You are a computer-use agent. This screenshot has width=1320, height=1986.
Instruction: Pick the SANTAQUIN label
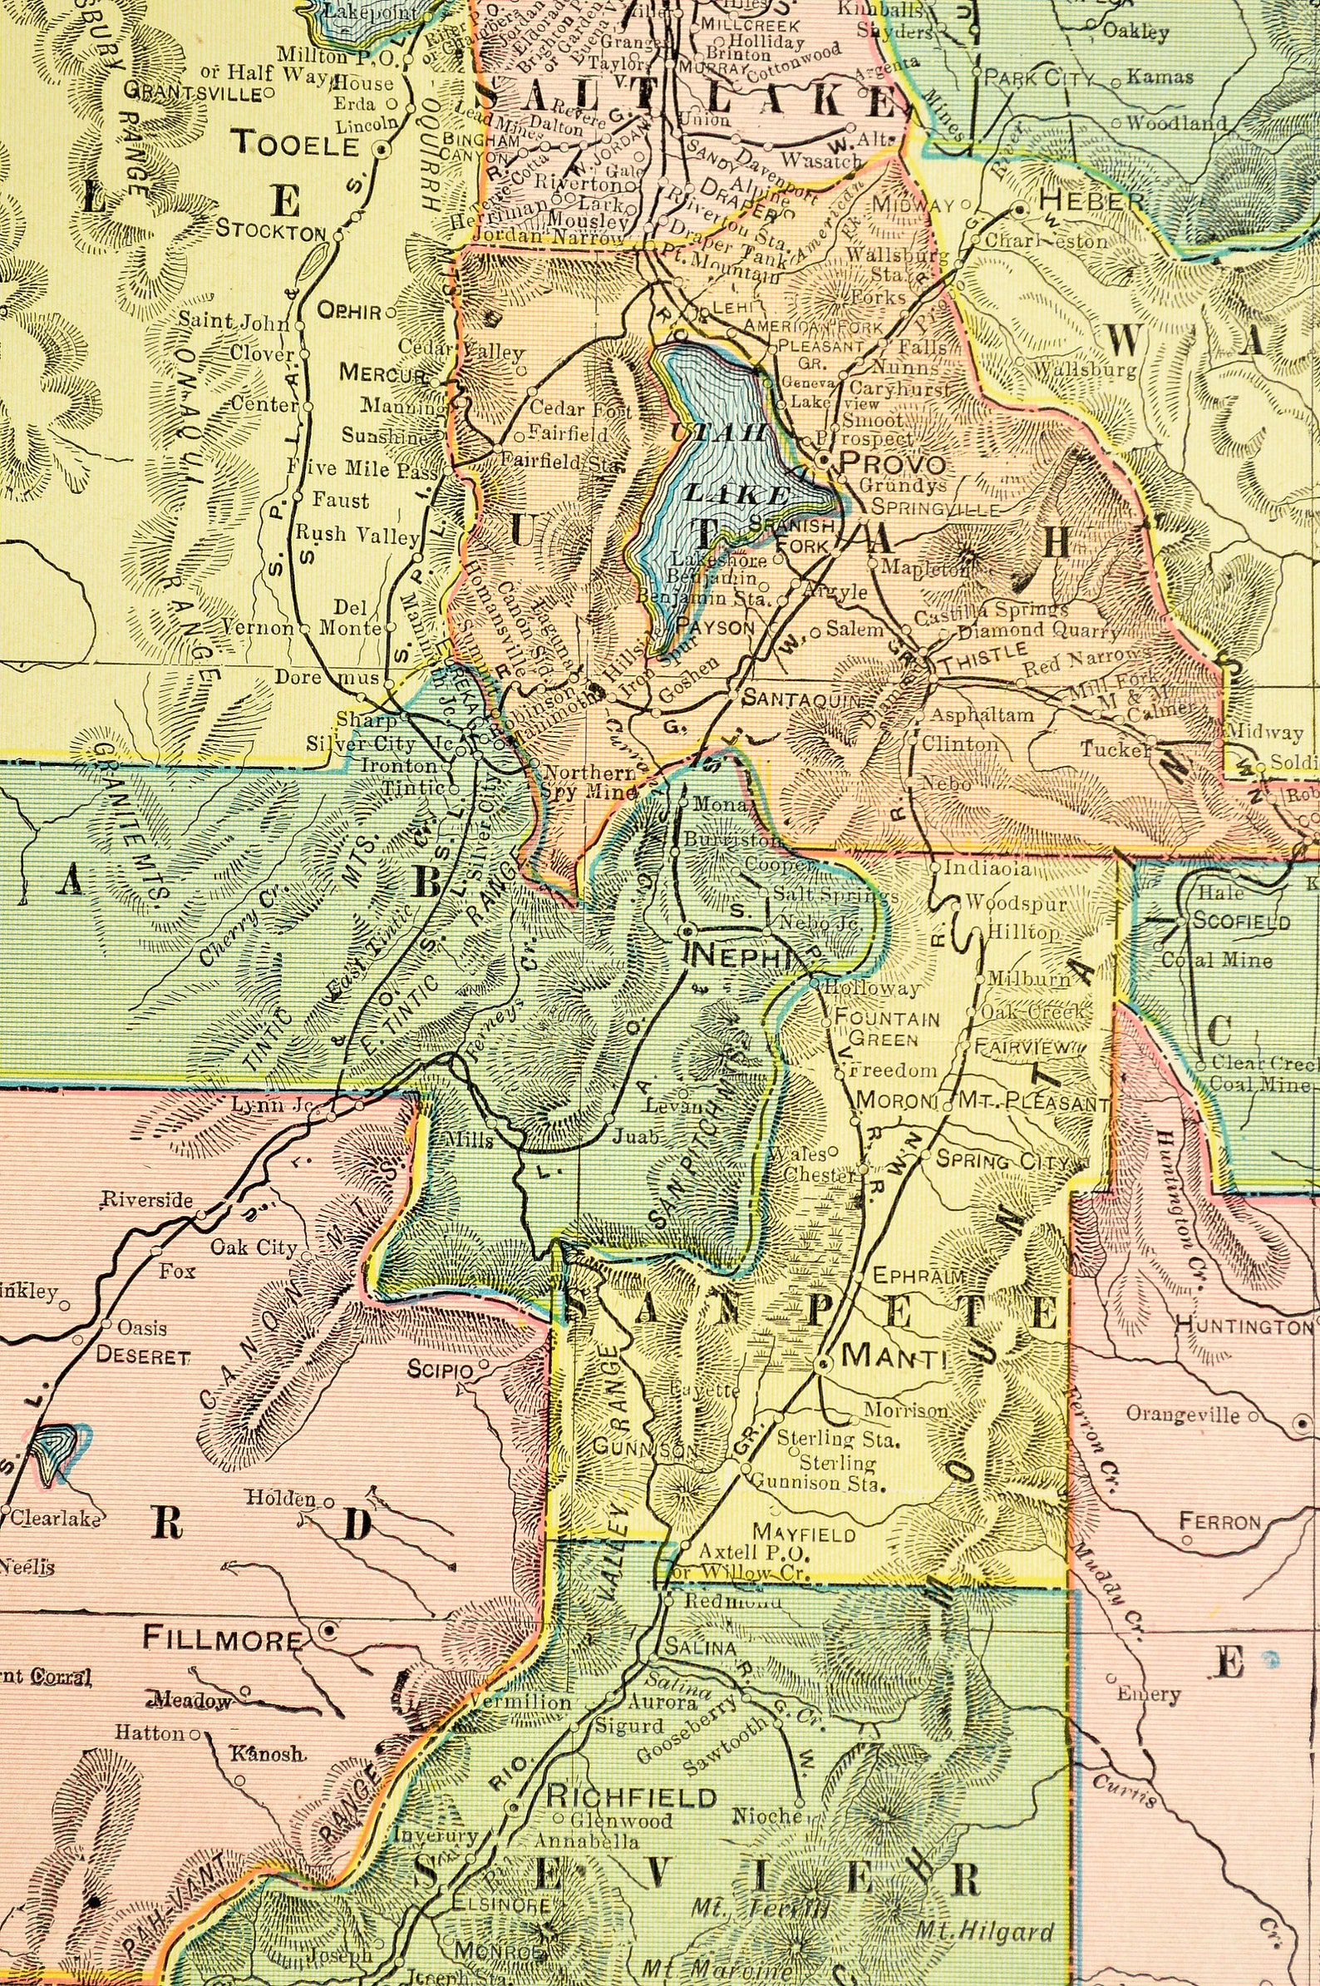coord(802,699)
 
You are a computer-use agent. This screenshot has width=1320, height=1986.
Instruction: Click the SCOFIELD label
coord(1242,921)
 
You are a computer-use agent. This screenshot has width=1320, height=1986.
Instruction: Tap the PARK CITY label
coord(1039,78)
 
